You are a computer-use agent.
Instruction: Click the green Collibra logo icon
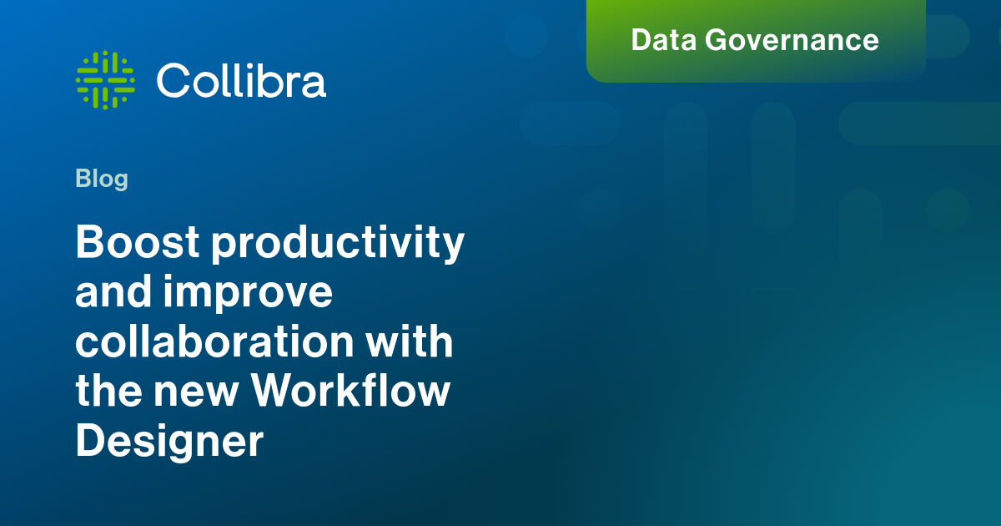[105, 80]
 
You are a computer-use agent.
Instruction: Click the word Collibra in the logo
[241, 80]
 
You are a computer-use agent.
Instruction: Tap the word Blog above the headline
[102, 180]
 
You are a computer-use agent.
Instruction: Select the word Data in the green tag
[664, 40]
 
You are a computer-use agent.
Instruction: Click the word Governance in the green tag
[792, 40]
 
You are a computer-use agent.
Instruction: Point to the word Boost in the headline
[137, 242]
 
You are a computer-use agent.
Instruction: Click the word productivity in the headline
[338, 244]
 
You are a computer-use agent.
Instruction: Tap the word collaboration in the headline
[214, 341]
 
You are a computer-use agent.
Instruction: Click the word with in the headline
[410, 341]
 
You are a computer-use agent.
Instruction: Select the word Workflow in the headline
[350, 390]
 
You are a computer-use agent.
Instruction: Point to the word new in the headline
[196, 394]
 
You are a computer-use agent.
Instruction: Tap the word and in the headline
[113, 291]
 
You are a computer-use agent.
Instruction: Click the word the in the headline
[108, 390]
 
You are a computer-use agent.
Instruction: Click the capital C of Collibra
[174, 80]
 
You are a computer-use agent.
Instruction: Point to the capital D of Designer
[91, 440]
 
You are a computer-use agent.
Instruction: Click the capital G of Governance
[717, 40]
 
